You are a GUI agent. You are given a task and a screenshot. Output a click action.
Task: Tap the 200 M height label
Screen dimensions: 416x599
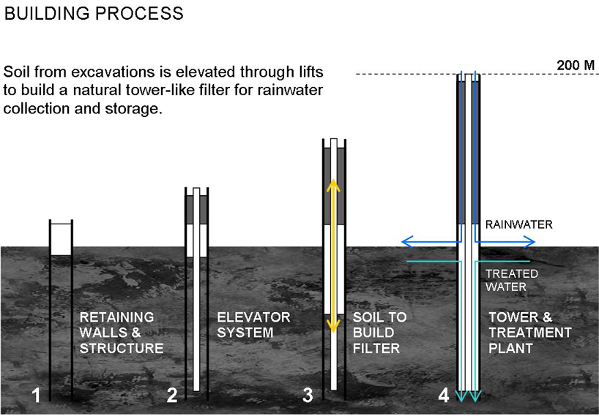click(576, 65)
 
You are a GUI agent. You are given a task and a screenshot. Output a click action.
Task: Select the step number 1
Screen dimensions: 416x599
click(37, 396)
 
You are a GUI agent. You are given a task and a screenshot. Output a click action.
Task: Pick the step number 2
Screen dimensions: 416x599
click(172, 396)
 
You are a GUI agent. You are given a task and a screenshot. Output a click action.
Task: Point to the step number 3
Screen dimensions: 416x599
click(308, 396)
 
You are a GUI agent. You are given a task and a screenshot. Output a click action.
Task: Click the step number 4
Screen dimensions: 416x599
click(443, 396)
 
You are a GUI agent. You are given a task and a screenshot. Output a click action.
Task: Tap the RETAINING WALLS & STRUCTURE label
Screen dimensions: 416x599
click(121, 333)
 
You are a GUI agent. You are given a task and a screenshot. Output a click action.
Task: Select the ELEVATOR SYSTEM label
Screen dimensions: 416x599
click(254, 325)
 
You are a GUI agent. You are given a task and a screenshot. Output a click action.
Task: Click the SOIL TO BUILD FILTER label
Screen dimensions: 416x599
click(379, 333)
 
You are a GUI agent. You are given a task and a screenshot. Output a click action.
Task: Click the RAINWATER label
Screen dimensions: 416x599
click(517, 225)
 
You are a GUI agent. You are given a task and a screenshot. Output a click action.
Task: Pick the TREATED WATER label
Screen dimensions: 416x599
click(513, 280)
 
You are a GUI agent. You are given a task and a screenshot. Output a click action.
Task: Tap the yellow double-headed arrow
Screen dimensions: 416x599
click(332, 256)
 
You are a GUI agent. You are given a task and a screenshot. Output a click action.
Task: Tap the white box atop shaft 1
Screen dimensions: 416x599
click(61, 238)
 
